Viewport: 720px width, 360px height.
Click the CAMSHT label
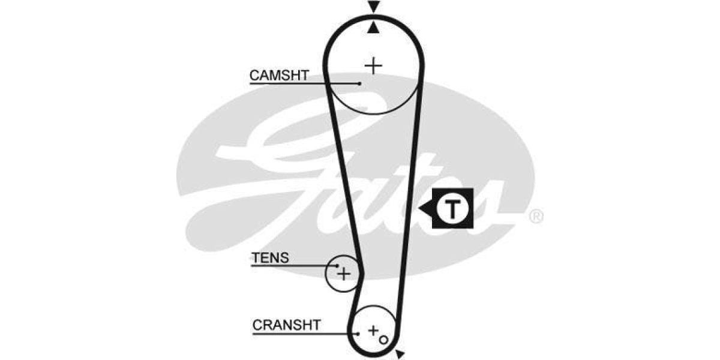point(279,76)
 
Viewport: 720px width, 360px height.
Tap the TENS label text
point(270,258)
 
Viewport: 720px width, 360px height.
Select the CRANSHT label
point(286,325)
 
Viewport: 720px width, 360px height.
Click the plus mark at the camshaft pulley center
point(373,65)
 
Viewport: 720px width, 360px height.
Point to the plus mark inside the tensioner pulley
point(343,274)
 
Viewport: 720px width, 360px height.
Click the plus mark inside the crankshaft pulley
point(373,330)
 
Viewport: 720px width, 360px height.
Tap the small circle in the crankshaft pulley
point(383,340)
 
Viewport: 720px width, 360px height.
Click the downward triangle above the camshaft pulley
point(374,7)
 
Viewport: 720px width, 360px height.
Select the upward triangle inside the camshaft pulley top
point(374,27)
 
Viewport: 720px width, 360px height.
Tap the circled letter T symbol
point(453,208)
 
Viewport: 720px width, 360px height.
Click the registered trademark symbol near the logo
point(536,216)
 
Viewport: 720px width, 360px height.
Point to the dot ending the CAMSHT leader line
point(359,83)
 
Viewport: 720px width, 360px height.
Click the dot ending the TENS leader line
point(338,265)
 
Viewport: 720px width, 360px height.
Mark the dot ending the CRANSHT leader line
point(358,333)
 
